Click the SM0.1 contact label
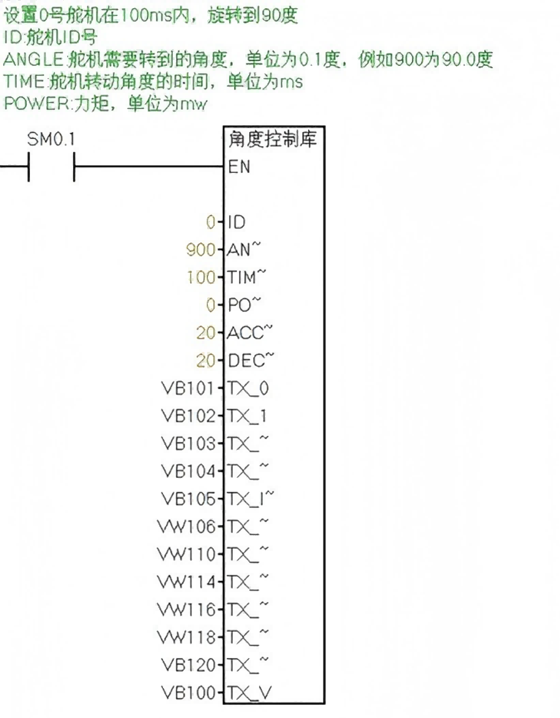coord(51,140)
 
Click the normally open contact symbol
coord(51,167)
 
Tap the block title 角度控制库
coord(272,140)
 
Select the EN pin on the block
coord(239,167)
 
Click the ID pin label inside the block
coord(237,223)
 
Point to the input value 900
coord(201,250)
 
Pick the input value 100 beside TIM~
coord(201,278)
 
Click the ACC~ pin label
coord(250,333)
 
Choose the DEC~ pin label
coord(251,361)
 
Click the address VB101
coord(188,388)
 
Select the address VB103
coord(188,444)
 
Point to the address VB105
coord(188,499)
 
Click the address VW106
coord(186,527)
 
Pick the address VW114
coord(186,583)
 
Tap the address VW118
coord(186,638)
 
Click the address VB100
coord(188,693)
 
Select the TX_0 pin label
coord(248,388)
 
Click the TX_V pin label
coord(249,693)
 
